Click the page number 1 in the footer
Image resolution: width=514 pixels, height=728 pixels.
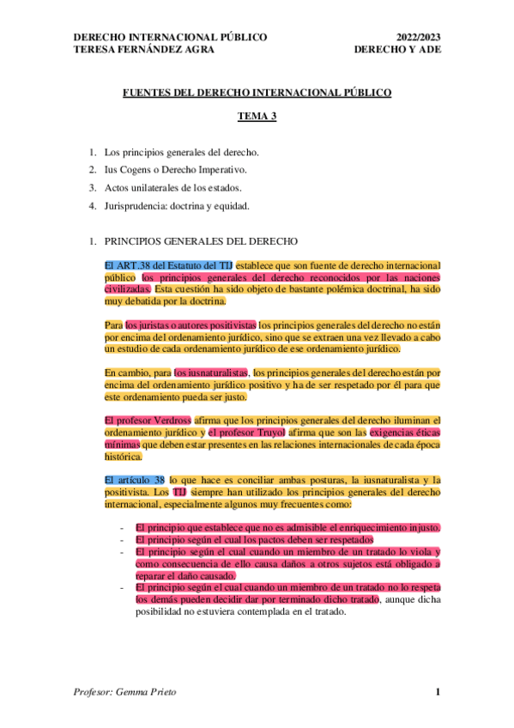(438, 693)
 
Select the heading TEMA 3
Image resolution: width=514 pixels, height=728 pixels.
(257, 117)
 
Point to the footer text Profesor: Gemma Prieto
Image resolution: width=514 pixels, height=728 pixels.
(124, 693)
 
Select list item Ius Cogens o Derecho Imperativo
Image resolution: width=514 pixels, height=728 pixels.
(175, 170)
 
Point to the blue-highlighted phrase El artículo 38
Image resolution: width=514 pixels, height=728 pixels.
(135, 479)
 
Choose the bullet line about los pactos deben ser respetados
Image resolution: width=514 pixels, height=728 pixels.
(254, 539)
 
